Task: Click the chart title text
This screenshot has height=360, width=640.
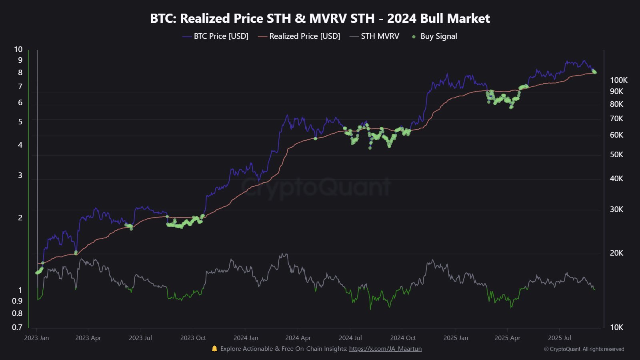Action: pyautogui.click(x=320, y=18)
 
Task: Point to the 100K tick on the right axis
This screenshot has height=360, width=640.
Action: pyautogui.click(x=618, y=80)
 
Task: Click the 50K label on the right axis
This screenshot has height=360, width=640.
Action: pyautogui.click(x=616, y=154)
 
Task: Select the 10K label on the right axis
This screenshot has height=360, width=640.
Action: pyautogui.click(x=616, y=327)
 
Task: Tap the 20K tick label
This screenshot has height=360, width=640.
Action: pyautogui.click(x=616, y=253)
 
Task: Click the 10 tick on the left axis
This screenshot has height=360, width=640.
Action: pyautogui.click(x=18, y=49)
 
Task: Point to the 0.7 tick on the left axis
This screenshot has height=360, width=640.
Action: pyautogui.click(x=17, y=327)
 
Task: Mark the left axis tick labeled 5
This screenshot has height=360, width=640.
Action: pyautogui.click(x=20, y=122)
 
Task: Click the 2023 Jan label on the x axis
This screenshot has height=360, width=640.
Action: pyautogui.click(x=36, y=338)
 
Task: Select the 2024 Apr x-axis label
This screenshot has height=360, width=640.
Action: pyautogui.click(x=298, y=338)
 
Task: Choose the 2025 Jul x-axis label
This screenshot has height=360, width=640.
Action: pyautogui.click(x=560, y=338)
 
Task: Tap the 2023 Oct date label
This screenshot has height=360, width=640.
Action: pyautogui.click(x=193, y=338)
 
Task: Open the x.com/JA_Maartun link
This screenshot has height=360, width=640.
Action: pyautogui.click(x=385, y=349)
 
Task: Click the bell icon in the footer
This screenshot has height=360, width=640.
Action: pyautogui.click(x=214, y=349)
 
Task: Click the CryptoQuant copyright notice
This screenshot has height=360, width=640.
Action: pyautogui.click(x=584, y=349)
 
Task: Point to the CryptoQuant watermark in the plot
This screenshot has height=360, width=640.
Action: pyautogui.click(x=316, y=187)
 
